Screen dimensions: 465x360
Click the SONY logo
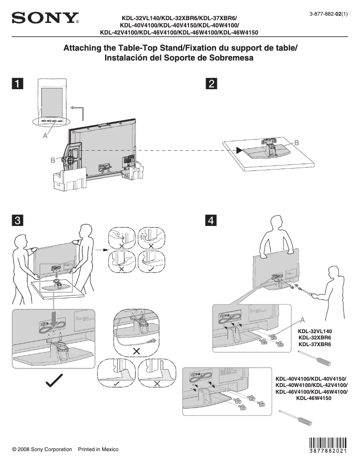(x=45, y=19)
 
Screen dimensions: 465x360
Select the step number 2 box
(x=211, y=83)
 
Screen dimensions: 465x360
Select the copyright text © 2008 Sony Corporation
(x=42, y=449)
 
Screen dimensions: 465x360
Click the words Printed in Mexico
(x=98, y=449)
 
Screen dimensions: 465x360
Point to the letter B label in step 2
(x=296, y=143)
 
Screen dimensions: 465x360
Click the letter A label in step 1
(x=45, y=136)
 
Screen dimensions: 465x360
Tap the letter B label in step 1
(x=53, y=160)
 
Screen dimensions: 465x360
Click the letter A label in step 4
(x=303, y=320)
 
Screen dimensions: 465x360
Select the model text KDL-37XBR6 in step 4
(x=315, y=344)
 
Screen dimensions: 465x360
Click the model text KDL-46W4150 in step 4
(x=314, y=398)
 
